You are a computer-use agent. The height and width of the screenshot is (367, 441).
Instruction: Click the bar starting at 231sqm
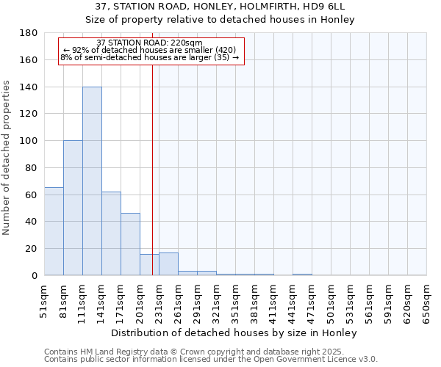coord(168,264)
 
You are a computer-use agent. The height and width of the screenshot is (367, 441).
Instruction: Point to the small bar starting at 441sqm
coord(302,275)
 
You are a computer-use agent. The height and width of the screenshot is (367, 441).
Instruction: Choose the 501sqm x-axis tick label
coord(331,301)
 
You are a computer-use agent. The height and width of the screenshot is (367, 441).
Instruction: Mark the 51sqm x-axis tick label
coord(45,301)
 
